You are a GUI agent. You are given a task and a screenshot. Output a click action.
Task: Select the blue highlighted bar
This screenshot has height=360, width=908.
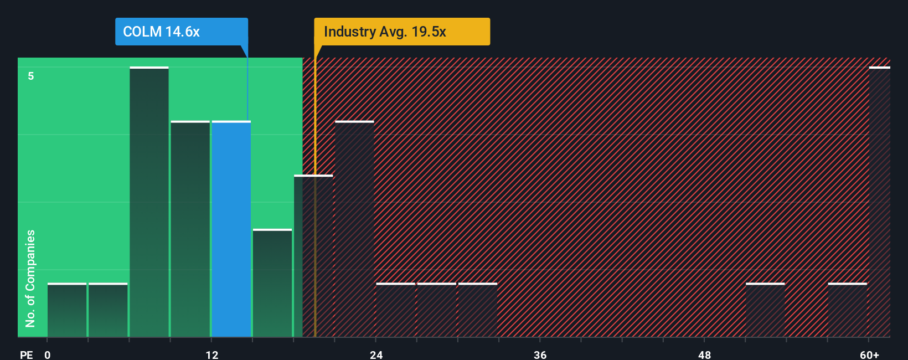coord(231,229)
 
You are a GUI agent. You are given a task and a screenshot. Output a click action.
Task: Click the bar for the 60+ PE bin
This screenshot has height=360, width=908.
coord(879,202)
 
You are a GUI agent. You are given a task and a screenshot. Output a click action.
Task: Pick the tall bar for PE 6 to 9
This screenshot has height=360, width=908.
coord(149,202)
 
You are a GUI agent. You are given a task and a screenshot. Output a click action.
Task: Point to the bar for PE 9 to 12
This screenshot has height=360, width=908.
coord(190,229)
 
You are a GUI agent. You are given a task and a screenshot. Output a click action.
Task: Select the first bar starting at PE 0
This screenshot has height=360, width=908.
coord(67,310)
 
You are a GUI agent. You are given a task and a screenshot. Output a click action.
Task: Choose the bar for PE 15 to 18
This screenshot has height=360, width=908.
coord(272,283)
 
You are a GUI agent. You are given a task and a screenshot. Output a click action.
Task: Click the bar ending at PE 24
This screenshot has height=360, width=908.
coord(354,229)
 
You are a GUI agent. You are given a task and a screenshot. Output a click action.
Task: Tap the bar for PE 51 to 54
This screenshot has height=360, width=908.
coord(765,310)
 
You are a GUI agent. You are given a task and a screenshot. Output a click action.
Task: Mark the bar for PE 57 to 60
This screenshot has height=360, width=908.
coord(847,310)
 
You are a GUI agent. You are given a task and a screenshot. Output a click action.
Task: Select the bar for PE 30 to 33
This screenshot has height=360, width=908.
coord(478,310)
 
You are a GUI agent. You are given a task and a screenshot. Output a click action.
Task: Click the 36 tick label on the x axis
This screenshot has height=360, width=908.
coord(540,354)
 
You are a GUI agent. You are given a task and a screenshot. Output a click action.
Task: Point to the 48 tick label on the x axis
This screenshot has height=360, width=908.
coord(704,354)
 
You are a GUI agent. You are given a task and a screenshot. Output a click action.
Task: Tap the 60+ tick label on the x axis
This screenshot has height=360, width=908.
coord(869,354)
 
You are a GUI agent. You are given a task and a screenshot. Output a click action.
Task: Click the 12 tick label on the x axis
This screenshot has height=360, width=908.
coord(211,354)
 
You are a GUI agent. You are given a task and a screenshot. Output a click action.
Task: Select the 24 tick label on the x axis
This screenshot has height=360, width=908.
coord(376,354)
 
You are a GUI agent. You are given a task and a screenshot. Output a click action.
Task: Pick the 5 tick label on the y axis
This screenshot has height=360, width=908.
coord(31,76)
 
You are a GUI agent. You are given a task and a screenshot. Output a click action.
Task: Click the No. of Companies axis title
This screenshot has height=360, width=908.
coord(30,278)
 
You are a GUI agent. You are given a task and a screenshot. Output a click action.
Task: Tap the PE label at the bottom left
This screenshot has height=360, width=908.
coord(26,354)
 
